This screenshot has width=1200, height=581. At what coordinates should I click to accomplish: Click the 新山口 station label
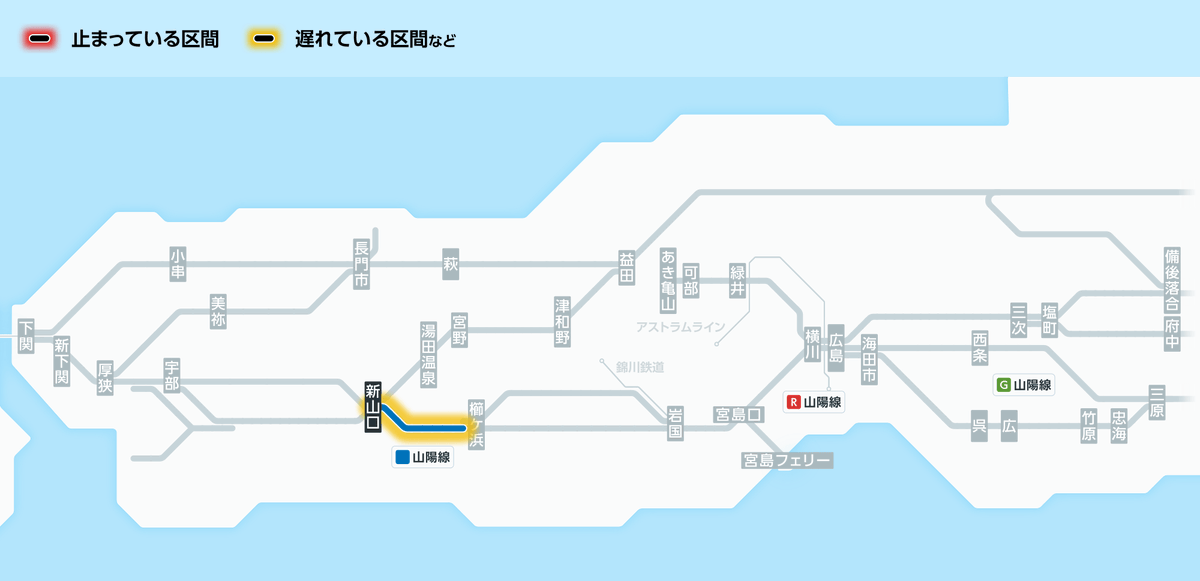point(373,407)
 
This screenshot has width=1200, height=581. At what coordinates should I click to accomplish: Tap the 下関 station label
point(26,336)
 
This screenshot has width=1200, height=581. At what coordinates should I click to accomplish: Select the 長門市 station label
point(361,265)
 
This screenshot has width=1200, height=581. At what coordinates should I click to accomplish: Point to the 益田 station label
point(627,266)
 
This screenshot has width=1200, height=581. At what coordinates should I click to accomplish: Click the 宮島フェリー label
point(786,460)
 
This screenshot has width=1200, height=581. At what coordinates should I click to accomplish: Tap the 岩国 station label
point(676,425)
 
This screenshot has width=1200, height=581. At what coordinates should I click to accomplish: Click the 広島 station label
point(836,342)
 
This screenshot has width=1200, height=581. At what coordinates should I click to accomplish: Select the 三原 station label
point(1157,402)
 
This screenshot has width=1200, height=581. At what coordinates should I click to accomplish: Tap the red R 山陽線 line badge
point(814,402)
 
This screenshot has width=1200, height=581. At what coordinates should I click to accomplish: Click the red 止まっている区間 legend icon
point(40,40)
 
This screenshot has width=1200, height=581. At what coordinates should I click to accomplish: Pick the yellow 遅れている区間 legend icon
point(264,40)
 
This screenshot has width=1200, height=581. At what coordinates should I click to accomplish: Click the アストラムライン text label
point(680,327)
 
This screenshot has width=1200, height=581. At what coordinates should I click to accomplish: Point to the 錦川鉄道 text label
point(640,367)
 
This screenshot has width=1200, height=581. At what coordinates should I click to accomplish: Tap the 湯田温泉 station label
point(428,355)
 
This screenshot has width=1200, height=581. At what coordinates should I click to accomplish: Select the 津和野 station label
point(563,320)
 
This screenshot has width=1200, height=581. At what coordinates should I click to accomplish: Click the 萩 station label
point(450,265)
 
